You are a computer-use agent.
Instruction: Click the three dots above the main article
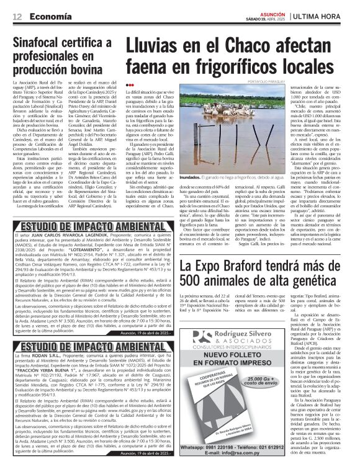tap(129, 85)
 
